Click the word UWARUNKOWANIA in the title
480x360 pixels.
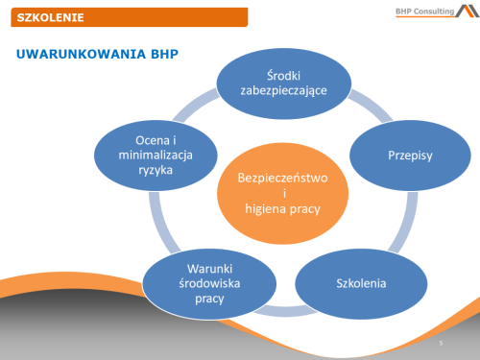(67, 55)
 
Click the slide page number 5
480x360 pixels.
(439, 343)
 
